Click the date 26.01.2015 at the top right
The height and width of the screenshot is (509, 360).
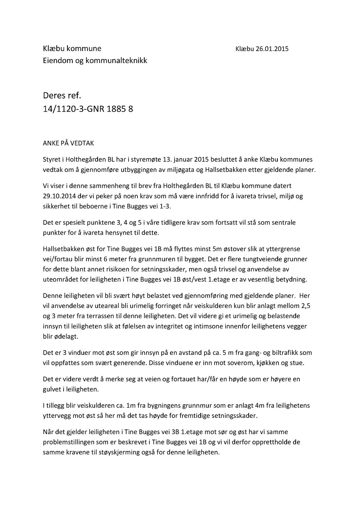pos(272,49)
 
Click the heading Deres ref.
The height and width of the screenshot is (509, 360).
pos(62,96)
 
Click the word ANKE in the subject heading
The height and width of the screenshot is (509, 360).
pos(51,143)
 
